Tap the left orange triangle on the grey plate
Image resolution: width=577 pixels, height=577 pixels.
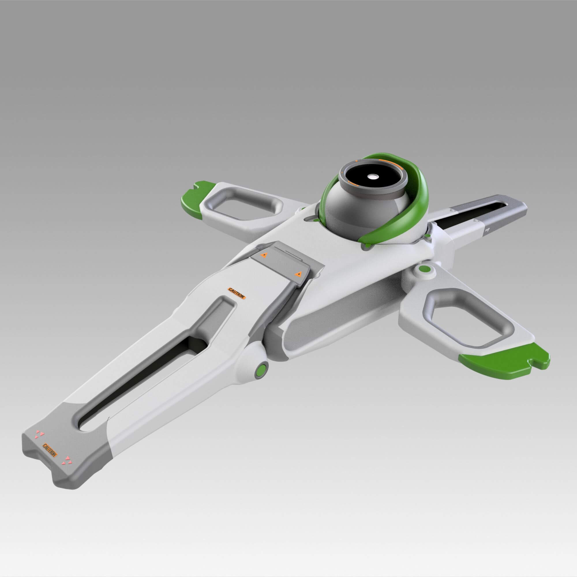pyautogui.click(x=263, y=255)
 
